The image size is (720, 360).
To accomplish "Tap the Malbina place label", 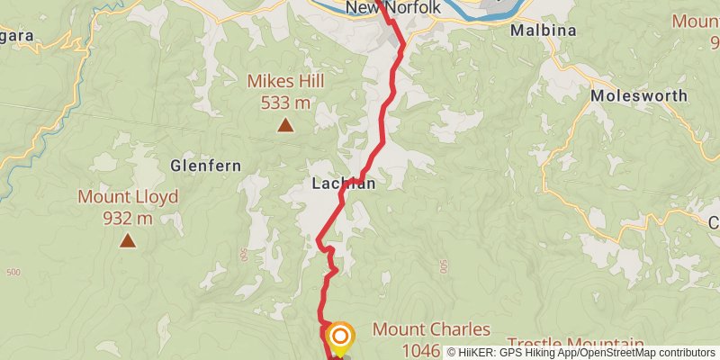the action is click(x=542, y=30).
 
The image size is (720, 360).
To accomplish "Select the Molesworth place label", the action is click(x=639, y=95).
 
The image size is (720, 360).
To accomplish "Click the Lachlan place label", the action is click(x=343, y=183).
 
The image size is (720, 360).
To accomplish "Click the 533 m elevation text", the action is click(x=286, y=103).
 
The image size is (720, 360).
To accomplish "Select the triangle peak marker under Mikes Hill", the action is click(x=285, y=125).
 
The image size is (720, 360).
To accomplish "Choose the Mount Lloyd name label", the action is click(x=128, y=197).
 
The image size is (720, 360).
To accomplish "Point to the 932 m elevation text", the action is click(x=128, y=218).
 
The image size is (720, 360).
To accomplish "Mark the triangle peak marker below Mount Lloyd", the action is click(x=128, y=240).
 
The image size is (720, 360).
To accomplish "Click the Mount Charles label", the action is click(x=431, y=329).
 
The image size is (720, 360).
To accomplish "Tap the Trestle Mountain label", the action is click(x=576, y=344).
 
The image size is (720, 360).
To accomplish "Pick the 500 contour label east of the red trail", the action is click(x=444, y=266).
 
